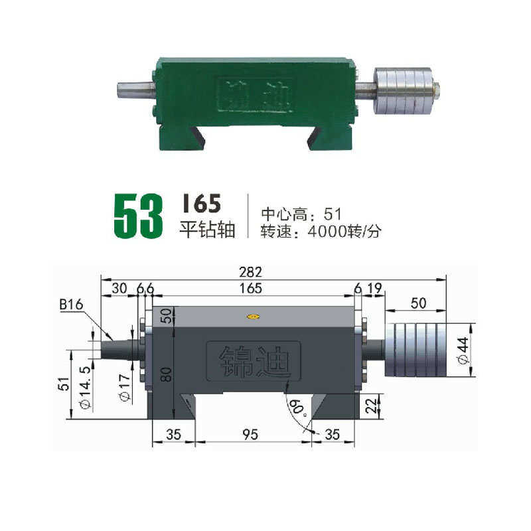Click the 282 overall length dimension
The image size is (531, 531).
tap(250, 272)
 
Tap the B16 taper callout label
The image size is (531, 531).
tap(71, 305)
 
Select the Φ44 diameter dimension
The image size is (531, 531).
tap(463, 350)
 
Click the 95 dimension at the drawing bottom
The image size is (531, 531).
tap(250, 435)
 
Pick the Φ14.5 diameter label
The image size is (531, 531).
tap(86, 388)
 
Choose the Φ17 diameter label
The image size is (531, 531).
tap(125, 388)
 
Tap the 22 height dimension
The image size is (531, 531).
tap(371, 406)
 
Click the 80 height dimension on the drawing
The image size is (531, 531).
tap(166, 374)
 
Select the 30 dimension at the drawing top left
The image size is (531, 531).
tap(119, 289)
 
